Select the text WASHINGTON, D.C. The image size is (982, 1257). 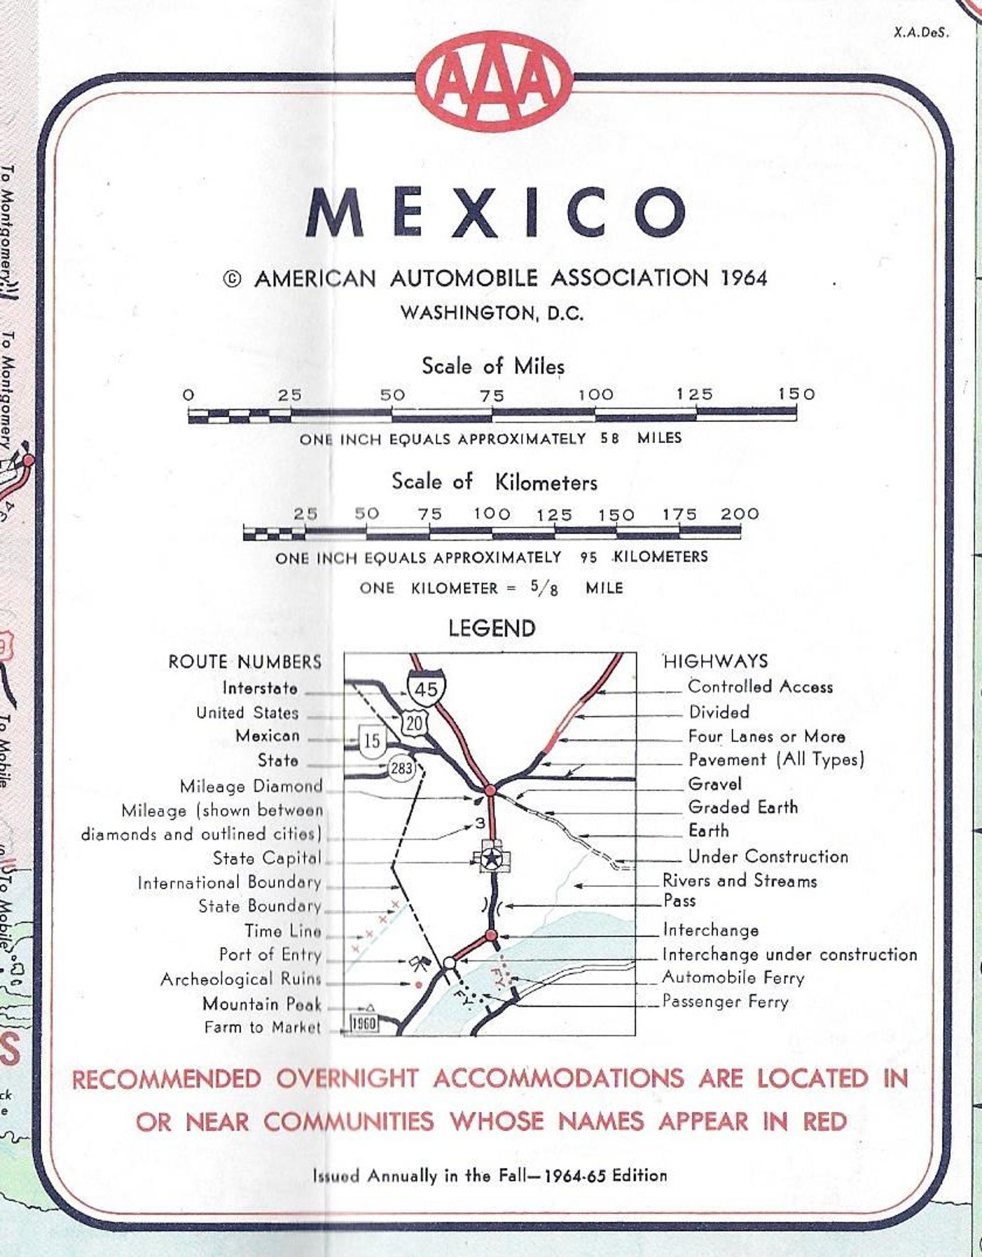point(492,313)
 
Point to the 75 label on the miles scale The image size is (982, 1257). point(492,395)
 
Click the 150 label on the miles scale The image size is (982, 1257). point(796,394)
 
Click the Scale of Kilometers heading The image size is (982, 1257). point(494,482)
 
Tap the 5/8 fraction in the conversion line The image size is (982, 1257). point(544,588)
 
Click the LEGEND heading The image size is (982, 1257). point(492,628)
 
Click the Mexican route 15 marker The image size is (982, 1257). point(372,740)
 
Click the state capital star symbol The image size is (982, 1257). point(492,857)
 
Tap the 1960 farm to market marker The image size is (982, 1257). point(364,1023)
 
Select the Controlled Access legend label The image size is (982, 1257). point(760,687)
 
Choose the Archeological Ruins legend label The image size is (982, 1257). point(241,979)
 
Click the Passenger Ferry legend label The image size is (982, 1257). point(725,1001)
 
